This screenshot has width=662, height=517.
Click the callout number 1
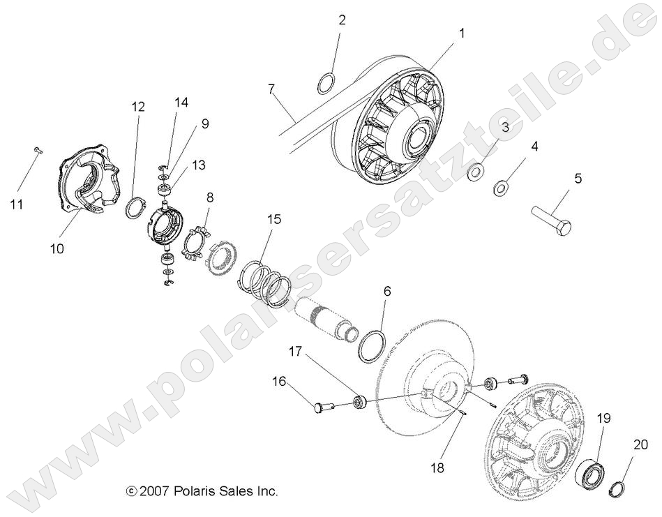click(461, 32)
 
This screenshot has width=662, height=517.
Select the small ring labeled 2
click(326, 84)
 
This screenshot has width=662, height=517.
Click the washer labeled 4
click(501, 187)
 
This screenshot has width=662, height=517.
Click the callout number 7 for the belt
click(272, 89)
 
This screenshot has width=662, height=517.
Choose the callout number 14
click(181, 103)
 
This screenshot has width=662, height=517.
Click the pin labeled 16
click(312, 407)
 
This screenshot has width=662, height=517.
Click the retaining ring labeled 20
click(617, 487)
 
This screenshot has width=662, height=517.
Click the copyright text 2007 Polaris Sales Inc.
click(202, 491)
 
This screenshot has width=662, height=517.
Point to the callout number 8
click(209, 197)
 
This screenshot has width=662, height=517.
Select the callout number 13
click(199, 165)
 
